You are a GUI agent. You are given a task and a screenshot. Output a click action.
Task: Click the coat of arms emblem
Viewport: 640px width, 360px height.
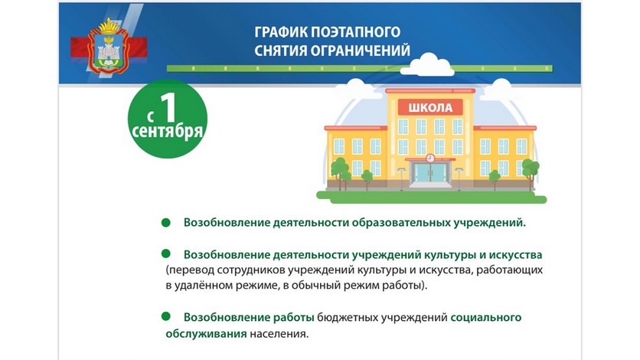(x=109, y=46)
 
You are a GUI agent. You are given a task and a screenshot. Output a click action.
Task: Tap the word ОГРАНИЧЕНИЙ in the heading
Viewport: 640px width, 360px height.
(x=361, y=51)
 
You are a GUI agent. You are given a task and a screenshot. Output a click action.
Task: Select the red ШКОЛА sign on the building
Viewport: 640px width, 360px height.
(x=430, y=107)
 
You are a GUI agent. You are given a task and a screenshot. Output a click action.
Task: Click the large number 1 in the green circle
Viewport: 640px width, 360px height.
(x=168, y=107)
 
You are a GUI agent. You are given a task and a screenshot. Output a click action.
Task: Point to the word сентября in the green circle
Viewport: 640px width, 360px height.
(x=168, y=132)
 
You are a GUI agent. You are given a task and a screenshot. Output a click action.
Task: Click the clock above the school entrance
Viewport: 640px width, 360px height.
(x=430, y=158)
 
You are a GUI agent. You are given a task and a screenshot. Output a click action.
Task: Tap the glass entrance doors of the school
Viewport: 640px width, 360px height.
(x=430, y=172)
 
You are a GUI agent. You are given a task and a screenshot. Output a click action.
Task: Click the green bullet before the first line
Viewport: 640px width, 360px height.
(x=165, y=222)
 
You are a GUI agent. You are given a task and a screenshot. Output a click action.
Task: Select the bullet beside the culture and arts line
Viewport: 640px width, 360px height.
(x=165, y=254)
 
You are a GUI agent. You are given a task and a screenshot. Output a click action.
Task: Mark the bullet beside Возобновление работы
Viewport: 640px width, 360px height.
(x=165, y=316)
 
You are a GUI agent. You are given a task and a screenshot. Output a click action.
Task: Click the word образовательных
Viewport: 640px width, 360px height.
(x=401, y=223)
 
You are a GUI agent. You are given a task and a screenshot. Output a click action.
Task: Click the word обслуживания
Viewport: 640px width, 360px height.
(x=206, y=334)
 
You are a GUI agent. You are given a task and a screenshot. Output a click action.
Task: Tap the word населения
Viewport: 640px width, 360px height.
(x=279, y=334)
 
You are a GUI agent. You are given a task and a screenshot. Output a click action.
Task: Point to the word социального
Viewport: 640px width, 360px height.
(x=485, y=318)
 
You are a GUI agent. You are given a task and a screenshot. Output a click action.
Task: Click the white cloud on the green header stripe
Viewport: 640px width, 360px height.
(x=427, y=65)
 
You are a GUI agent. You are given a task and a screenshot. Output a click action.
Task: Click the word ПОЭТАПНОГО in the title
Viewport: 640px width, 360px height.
(x=355, y=32)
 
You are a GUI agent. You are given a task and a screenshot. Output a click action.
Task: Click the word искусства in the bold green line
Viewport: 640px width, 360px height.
(x=516, y=255)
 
